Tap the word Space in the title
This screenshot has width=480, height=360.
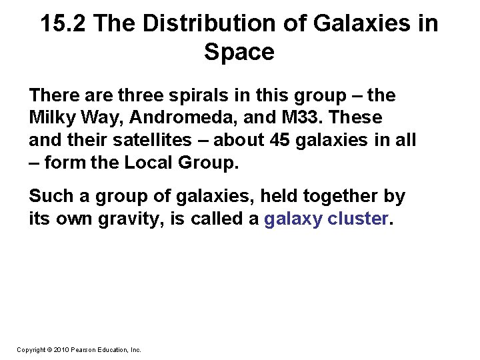[239, 52]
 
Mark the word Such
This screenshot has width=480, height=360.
[49, 197]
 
